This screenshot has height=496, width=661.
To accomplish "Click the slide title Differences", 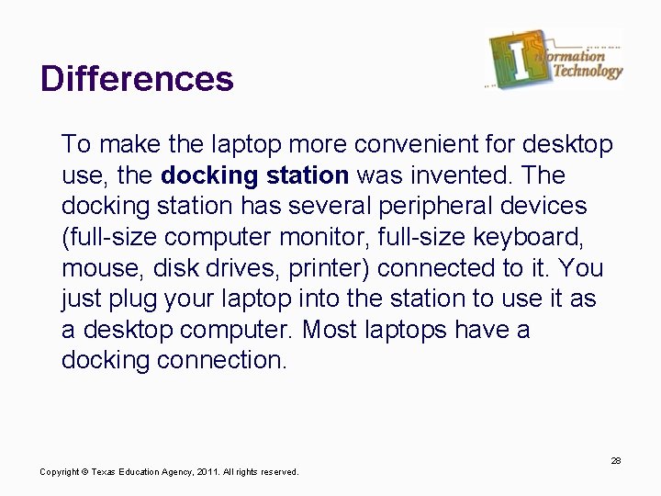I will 137,79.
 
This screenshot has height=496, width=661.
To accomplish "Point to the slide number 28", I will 615,460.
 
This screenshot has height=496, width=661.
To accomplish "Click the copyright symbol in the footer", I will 84,472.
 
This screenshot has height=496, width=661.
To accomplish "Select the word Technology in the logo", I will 586,72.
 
